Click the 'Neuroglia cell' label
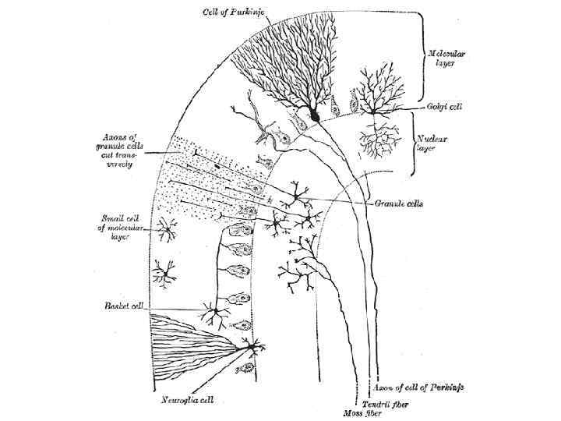tap(188, 401)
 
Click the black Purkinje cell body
tap(314, 115)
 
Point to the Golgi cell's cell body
tap(376, 111)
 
